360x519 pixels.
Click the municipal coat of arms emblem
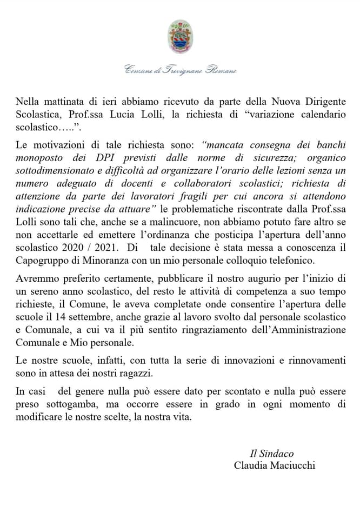179,36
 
